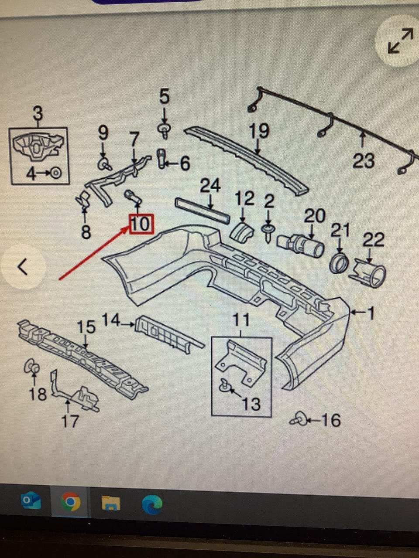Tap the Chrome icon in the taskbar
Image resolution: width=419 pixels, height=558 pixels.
[x=70, y=503]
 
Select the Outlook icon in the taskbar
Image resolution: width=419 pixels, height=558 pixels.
[x=31, y=502]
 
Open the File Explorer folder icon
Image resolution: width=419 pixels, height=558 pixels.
[x=111, y=504]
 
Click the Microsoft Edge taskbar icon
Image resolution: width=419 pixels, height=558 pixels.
[x=152, y=504]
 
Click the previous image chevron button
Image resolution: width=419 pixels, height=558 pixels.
[x=23, y=266]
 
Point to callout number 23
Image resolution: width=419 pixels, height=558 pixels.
[x=364, y=161]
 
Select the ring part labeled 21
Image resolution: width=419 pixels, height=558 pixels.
[x=339, y=263]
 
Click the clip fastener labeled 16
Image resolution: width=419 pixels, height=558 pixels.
[x=298, y=420]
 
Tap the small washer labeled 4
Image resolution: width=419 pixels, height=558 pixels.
[x=56, y=174]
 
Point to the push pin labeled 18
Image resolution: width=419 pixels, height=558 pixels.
[x=31, y=367]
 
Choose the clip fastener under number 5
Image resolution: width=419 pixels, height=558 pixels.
[x=164, y=129]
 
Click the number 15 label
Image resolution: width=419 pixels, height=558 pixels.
[x=86, y=327]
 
